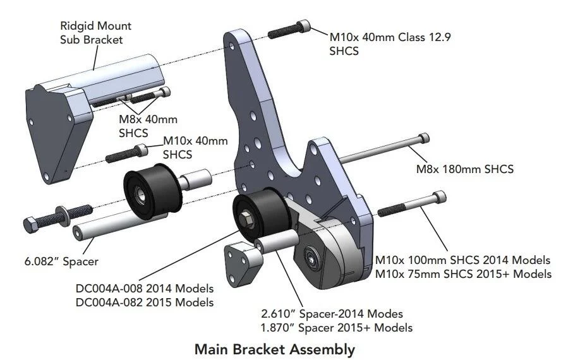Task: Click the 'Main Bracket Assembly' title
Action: point(274,349)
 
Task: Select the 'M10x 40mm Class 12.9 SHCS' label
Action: point(390,44)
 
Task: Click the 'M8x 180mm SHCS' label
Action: point(464,169)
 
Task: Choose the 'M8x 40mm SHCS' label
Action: point(148,126)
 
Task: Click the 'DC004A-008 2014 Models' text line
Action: point(144,289)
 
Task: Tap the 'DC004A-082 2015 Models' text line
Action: point(144,302)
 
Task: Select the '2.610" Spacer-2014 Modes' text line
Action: point(332,313)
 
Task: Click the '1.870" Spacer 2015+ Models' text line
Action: point(337,327)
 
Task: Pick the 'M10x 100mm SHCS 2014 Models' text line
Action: point(463,260)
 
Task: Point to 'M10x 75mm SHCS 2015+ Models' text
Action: point(463,273)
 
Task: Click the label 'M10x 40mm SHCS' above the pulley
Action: point(195,147)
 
